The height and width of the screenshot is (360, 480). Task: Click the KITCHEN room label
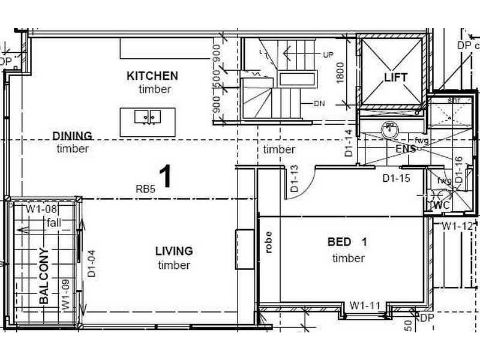click(152, 76)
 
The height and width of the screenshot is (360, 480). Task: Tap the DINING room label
click(72, 135)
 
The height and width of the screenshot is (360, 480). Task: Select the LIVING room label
click(174, 251)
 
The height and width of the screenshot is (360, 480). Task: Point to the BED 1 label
click(347, 242)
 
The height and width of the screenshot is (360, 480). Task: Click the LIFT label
click(395, 77)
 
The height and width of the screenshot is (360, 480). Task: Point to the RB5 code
click(145, 188)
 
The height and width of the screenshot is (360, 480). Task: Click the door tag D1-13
click(294, 179)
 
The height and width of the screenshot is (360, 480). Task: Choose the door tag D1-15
click(396, 178)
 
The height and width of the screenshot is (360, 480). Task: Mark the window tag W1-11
click(365, 305)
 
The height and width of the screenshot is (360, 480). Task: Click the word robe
click(268, 242)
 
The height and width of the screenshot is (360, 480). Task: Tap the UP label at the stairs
click(328, 55)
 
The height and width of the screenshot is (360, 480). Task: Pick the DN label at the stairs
click(319, 103)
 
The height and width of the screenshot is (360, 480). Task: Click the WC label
click(441, 205)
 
